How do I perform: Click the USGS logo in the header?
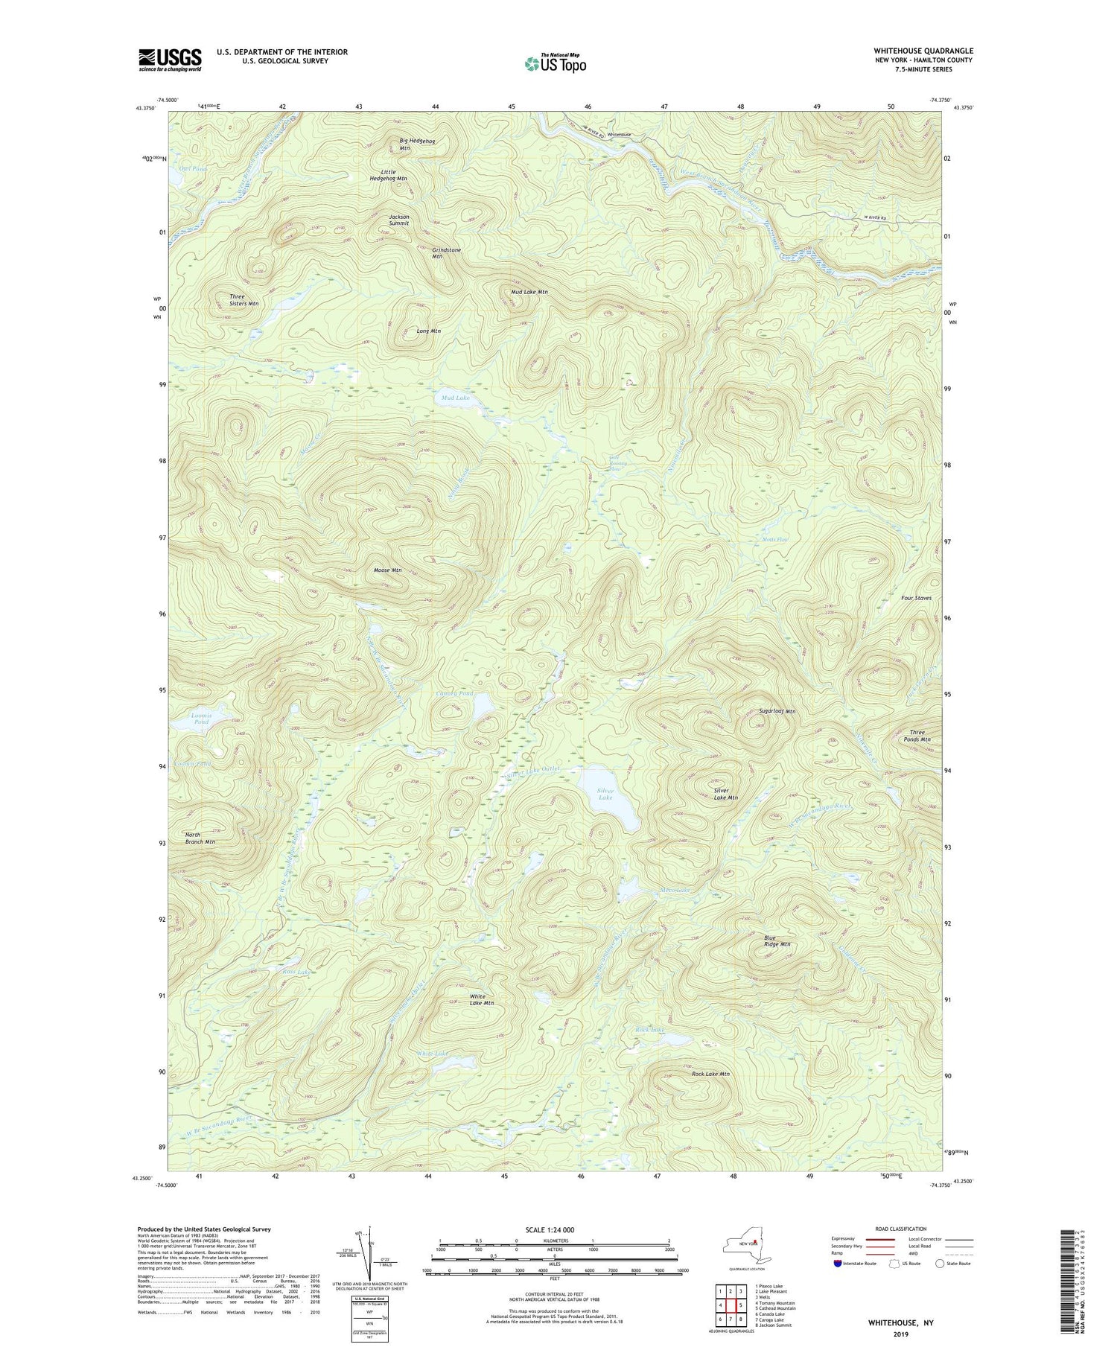[x=170, y=60]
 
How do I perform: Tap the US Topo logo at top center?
[x=555, y=64]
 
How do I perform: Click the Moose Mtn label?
[x=387, y=570]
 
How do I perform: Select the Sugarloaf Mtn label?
[x=777, y=711]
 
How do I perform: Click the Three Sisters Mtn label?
[x=244, y=300]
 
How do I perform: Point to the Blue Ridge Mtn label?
[x=777, y=941]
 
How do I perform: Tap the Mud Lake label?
[x=455, y=398]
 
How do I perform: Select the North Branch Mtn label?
[x=200, y=838]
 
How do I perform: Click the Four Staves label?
[x=915, y=598]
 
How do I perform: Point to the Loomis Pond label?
[x=201, y=719]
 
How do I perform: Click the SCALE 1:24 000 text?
[x=550, y=1229]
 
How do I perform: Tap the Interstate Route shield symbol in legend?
[x=839, y=1264]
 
